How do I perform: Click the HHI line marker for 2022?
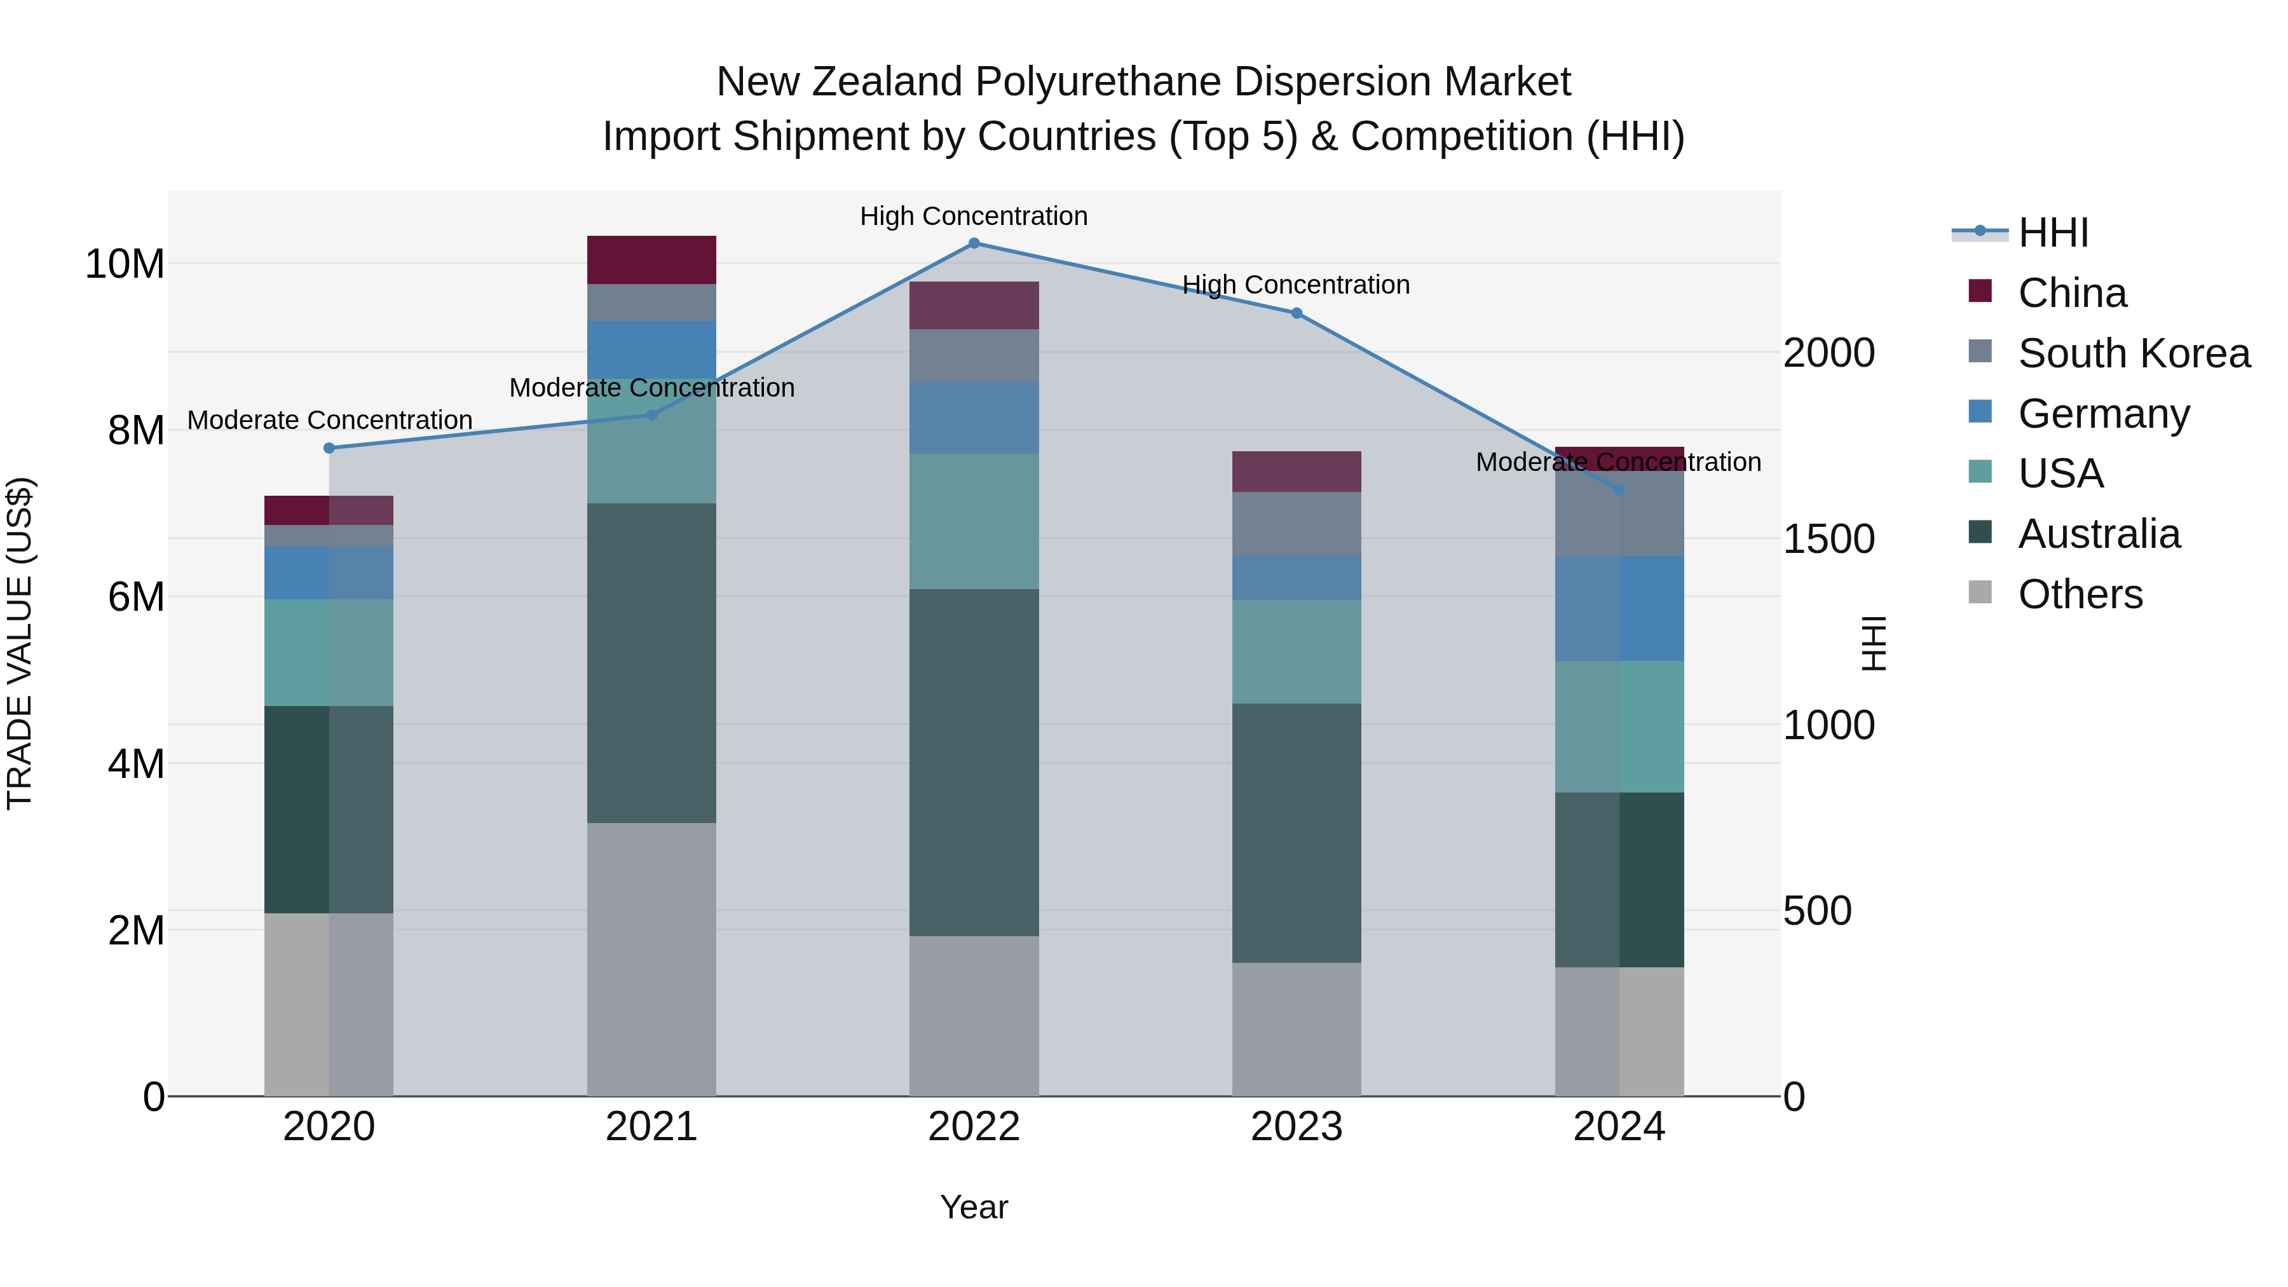(974, 243)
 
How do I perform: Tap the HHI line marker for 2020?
(329, 449)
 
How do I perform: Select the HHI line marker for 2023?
(1296, 313)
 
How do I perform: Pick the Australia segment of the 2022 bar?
(974, 762)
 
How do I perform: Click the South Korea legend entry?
(2134, 353)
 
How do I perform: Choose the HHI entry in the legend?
(2053, 234)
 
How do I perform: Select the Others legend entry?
(2080, 594)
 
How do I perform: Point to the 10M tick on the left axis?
(125, 264)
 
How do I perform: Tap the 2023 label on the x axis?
(1296, 1127)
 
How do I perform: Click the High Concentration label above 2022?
(974, 216)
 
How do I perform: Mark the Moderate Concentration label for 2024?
(1618, 462)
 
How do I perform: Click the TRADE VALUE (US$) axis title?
(20, 643)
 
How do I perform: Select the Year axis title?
(974, 1207)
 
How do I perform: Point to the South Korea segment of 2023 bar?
(1296, 524)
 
